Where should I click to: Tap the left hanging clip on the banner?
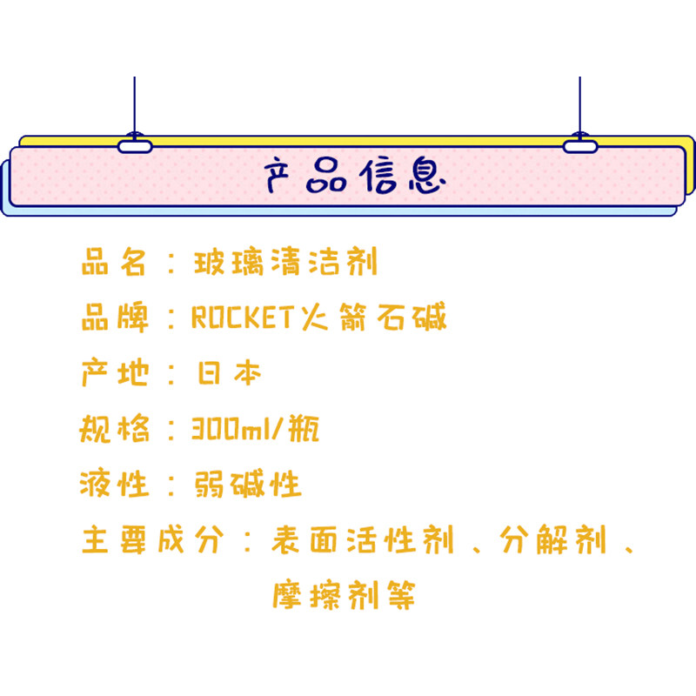point(135,145)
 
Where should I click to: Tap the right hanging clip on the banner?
point(579,145)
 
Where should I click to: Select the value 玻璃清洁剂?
point(285,262)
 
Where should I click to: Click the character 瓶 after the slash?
point(303,429)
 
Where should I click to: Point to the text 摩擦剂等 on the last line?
point(343,596)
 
